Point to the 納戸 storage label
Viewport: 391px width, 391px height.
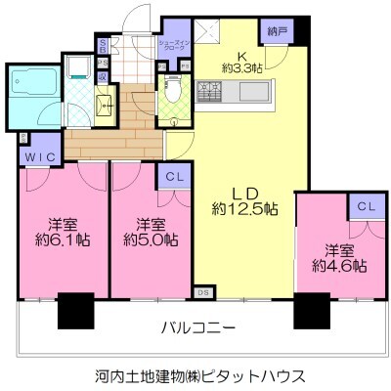point(279,31)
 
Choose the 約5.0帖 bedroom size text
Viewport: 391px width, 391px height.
point(149,238)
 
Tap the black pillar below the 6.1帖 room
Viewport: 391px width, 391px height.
point(75,310)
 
